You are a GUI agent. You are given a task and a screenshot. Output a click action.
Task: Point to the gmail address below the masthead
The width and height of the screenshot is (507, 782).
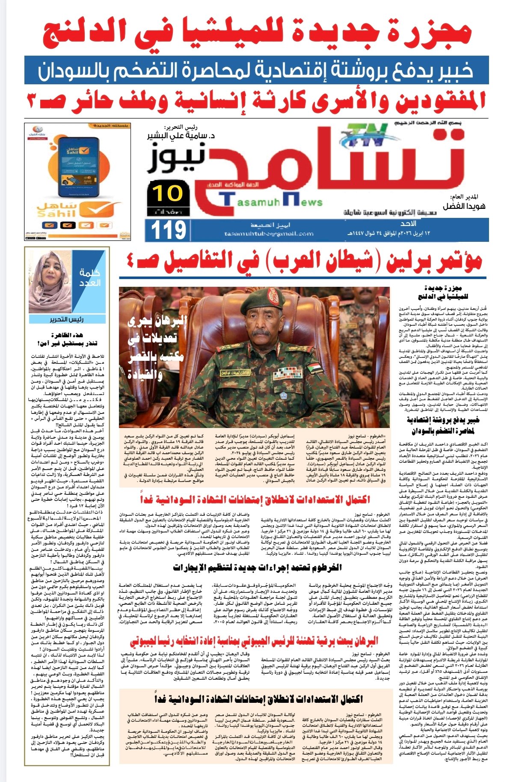point(268,234)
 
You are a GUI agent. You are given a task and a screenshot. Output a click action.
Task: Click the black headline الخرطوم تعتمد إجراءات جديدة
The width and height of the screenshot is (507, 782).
point(257,568)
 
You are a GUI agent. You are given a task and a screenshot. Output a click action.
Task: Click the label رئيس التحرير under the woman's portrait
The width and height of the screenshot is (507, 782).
point(67,319)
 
